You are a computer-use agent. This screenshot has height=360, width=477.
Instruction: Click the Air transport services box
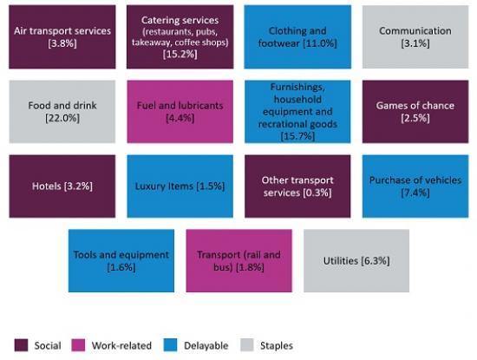point(62,37)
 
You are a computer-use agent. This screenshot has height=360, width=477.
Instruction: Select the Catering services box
point(180,37)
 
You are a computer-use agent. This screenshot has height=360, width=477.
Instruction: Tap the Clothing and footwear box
point(297,37)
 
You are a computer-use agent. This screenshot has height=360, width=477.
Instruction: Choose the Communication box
point(415,37)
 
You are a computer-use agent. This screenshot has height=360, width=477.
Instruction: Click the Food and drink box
point(62,112)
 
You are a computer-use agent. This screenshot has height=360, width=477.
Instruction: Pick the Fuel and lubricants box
point(180,112)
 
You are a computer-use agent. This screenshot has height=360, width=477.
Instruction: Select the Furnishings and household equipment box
point(297,112)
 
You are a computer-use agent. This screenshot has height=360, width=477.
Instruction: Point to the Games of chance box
point(415,112)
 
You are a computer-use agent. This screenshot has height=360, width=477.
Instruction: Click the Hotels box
point(62,186)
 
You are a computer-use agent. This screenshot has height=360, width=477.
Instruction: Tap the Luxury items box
point(180,186)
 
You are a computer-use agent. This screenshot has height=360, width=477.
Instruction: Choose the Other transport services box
point(297,186)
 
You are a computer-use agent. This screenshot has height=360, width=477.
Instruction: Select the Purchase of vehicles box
point(415,186)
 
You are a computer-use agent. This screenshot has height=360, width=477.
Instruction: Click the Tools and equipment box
point(121,260)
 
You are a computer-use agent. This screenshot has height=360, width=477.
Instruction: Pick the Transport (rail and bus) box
point(238,260)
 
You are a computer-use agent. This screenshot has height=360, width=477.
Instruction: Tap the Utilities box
point(356,260)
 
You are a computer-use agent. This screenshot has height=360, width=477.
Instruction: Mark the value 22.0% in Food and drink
point(62,117)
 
